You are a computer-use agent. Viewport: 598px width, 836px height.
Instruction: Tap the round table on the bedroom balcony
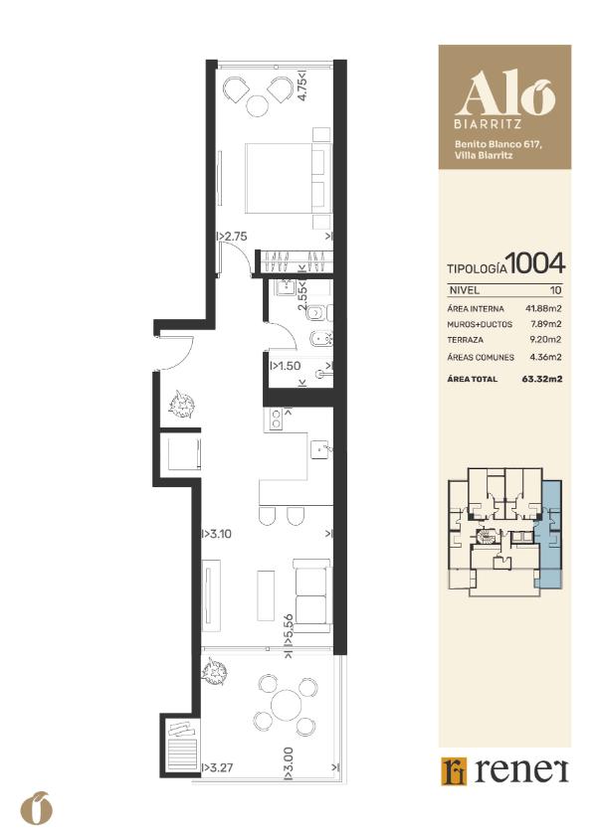[258, 105]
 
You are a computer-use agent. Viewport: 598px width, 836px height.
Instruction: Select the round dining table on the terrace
[287, 705]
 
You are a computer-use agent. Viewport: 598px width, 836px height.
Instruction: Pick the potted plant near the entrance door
[182, 404]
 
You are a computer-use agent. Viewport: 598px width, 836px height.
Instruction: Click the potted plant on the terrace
[215, 671]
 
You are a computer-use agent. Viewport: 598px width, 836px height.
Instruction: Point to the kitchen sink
[320, 449]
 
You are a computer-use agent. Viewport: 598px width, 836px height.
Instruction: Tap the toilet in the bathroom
[319, 313]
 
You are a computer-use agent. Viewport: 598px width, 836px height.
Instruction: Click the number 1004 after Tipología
[535, 263]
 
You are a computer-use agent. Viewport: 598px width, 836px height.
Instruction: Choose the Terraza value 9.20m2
[545, 340]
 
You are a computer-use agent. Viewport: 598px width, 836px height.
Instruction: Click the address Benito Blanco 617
[498, 144]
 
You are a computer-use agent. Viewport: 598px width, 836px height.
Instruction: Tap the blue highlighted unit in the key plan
[548, 534]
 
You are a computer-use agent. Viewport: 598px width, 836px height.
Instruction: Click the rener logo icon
[454, 771]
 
